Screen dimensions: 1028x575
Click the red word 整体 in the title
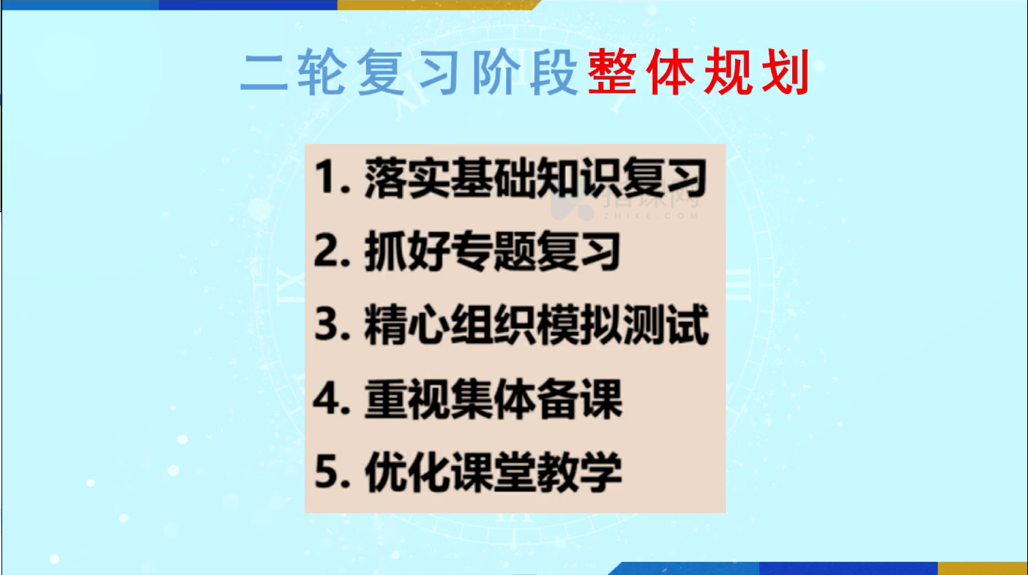(x=641, y=72)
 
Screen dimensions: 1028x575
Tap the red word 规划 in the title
(x=757, y=72)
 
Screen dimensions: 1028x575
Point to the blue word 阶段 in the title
(x=525, y=72)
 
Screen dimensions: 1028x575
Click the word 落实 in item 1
(x=407, y=178)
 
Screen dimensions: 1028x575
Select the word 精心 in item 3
(x=407, y=325)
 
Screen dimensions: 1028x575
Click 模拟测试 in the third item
(x=622, y=325)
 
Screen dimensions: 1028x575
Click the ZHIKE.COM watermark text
(x=651, y=216)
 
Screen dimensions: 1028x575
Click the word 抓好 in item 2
(x=407, y=251)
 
